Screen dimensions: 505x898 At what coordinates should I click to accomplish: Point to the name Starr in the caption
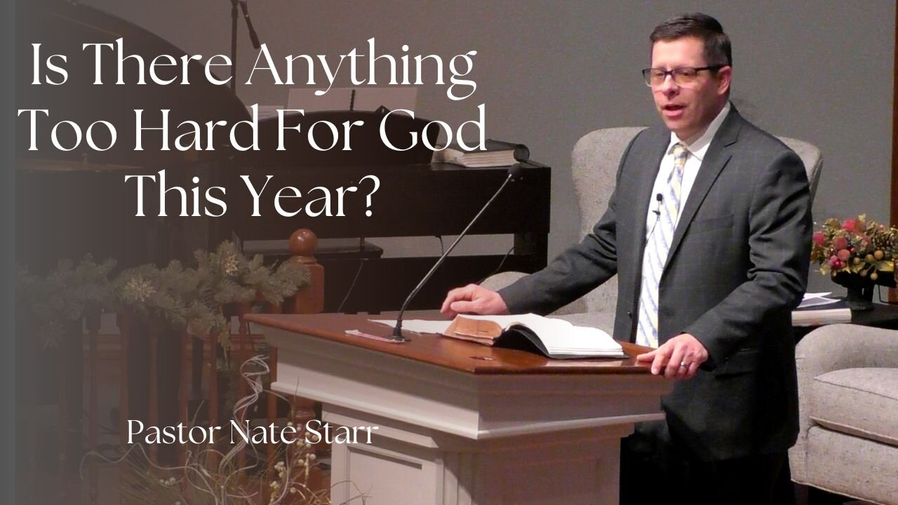pos(342,433)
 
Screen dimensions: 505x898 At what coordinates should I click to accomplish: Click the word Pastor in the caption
pos(172,433)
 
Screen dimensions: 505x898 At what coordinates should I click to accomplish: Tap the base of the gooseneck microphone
pos(398,337)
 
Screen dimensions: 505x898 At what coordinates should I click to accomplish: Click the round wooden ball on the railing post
pos(303,243)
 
